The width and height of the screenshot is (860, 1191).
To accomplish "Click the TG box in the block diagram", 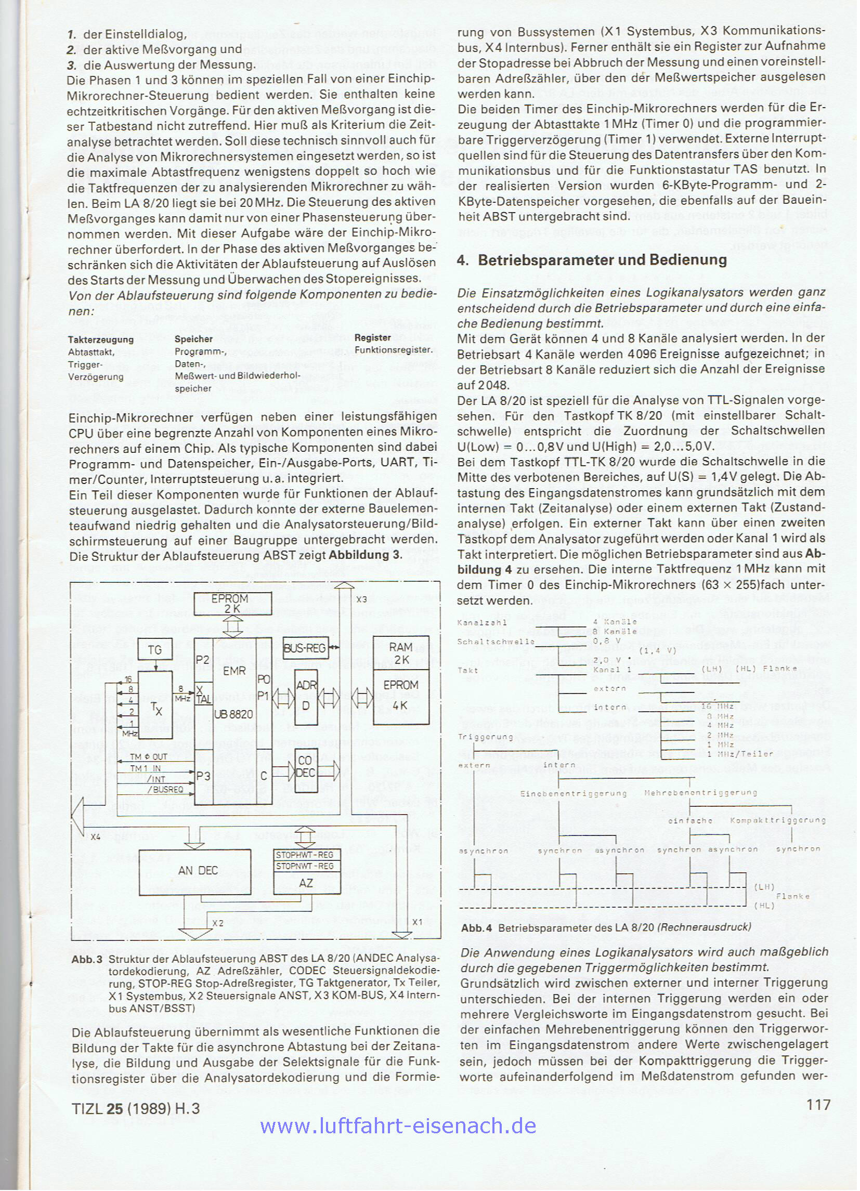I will click(154, 650).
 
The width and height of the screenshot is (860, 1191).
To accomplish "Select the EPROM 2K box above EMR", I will click(233, 604).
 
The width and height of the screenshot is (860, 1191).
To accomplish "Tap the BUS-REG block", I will click(305, 649).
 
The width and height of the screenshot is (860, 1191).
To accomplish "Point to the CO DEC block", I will click(305, 766).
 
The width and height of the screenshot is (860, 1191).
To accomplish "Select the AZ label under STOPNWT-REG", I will click(306, 883).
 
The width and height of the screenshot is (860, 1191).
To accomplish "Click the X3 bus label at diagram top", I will click(361, 599).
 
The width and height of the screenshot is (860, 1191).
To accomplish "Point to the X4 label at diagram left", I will click(95, 837).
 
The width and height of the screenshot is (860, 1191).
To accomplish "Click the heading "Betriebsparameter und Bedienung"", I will click(602, 260).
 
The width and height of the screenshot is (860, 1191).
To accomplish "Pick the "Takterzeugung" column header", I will click(101, 339).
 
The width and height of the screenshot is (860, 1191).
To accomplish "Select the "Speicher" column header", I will click(194, 339).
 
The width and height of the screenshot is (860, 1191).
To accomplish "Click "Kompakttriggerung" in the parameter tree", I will click(778, 820).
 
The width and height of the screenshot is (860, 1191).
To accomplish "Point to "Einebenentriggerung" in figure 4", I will click(574, 793).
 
